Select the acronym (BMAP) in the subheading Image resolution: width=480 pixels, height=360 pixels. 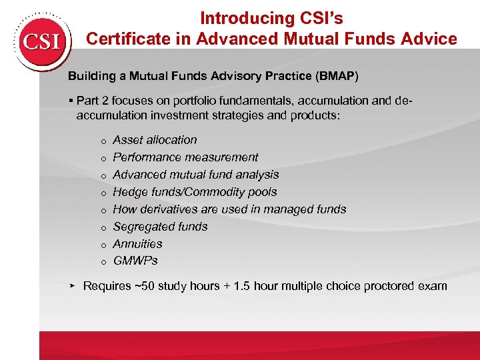click(337, 76)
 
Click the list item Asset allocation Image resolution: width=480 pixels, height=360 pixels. click(155, 140)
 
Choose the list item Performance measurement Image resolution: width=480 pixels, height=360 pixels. click(185, 157)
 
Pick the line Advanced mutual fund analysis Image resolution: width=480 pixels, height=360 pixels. click(195, 175)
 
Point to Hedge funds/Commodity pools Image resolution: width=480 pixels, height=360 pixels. click(195, 192)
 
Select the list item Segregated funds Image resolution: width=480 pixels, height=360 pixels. click(160, 227)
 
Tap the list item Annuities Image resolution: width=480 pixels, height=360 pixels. click(137, 244)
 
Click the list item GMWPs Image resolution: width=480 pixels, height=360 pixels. click(135, 261)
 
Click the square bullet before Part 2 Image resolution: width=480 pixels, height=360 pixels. click(71, 101)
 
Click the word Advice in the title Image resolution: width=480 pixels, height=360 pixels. click(431, 39)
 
